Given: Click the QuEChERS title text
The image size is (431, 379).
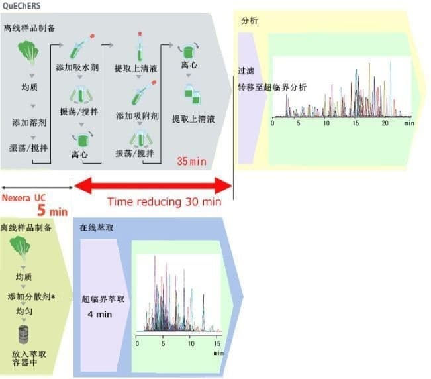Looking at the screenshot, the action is point(21,5).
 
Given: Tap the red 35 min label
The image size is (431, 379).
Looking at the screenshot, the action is point(191,161).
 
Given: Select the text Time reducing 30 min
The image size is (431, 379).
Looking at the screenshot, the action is point(164,202).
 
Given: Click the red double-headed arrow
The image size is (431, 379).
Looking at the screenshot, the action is point(153,186).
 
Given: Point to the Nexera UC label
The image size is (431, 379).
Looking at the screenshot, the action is point(24,198).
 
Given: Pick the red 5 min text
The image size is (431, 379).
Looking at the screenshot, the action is point(52,211).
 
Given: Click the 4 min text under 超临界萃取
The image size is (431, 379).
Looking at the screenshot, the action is point(100,314).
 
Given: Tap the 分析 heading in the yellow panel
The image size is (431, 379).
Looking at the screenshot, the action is point(250,21).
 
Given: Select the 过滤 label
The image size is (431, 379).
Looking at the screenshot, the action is point(246,71).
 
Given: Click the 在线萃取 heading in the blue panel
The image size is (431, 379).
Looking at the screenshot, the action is point(97,227).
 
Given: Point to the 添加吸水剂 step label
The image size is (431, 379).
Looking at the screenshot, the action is point(77,68).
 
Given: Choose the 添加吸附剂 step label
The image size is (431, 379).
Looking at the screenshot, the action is point(137,116).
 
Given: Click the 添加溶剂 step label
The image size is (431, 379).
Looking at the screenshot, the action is point(29,123).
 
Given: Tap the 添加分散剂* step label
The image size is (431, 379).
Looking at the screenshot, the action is point(31,296).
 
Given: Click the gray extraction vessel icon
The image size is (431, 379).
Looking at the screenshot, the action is point(23,334).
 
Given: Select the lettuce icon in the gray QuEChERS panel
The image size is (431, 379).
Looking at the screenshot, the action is point(28,52).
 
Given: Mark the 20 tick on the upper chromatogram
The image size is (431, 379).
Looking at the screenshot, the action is point(385,123).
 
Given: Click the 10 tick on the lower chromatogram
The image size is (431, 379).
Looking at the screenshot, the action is point(191,343).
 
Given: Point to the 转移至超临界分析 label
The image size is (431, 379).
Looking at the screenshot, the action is point(272,87).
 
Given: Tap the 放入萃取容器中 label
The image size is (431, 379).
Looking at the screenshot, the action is point(29,358).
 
